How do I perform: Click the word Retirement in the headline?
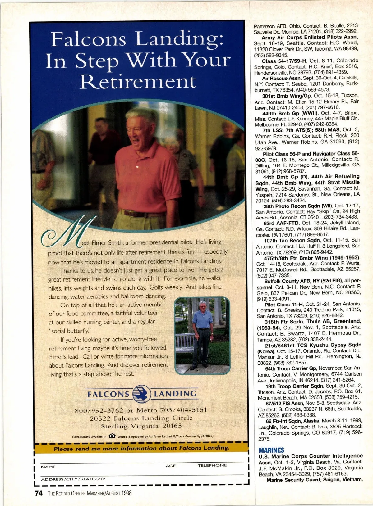(138, 82)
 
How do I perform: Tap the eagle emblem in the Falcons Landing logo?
(141, 394)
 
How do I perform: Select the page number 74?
(39, 493)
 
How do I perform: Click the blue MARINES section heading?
(271, 450)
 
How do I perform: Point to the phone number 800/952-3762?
(99, 410)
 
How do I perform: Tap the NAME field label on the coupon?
(48, 467)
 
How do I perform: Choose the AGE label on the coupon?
(171, 466)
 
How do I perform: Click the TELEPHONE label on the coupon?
(212, 465)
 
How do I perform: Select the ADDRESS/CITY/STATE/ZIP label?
(73, 479)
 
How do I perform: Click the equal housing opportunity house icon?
(112, 436)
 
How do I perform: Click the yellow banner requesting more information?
(141, 448)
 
